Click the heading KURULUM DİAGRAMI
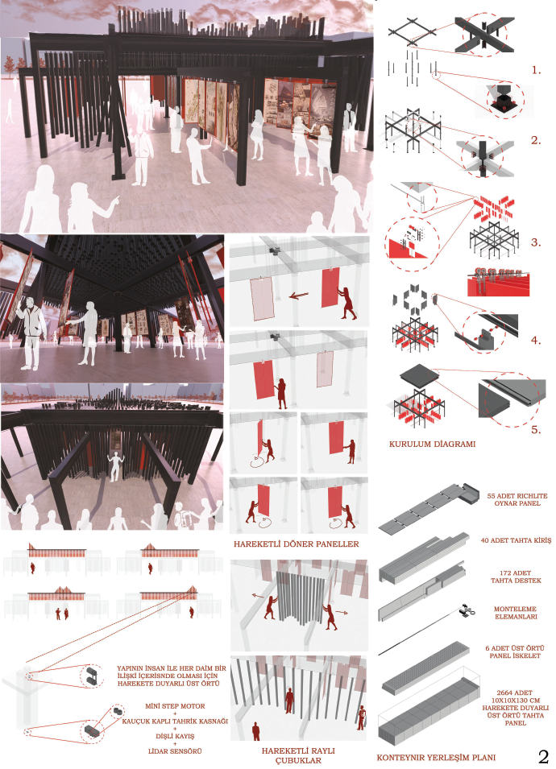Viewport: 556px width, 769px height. point(433,444)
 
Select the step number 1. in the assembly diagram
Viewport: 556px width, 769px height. point(537,70)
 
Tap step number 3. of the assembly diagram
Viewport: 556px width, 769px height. point(537,242)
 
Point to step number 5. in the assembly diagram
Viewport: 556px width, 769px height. point(537,430)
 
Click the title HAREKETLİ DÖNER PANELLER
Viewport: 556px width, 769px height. point(297,544)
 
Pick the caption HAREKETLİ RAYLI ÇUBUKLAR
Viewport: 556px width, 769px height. point(298,755)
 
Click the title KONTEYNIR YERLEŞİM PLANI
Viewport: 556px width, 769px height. point(436,757)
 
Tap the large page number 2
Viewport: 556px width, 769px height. point(543,756)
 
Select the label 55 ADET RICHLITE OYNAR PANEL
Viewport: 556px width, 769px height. point(517,499)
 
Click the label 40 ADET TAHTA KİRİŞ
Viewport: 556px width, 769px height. point(516,540)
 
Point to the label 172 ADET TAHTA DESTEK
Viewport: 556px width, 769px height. point(516,577)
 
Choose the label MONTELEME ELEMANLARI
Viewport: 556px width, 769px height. point(516,613)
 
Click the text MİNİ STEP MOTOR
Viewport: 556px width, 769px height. point(175,706)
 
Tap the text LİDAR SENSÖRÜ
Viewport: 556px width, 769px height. point(175,750)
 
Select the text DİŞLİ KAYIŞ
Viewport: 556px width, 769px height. point(175,736)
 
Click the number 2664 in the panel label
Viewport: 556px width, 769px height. point(505,693)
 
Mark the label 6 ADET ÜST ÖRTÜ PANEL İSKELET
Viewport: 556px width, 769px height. point(515,651)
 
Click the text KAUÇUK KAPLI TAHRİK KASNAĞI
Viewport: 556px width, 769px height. point(175,721)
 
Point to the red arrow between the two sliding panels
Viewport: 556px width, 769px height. point(298,296)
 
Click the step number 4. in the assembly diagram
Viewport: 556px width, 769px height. point(537,340)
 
